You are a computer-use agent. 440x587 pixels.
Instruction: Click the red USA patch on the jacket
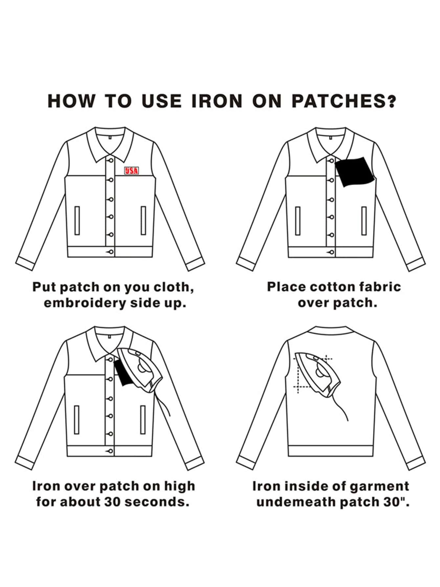[x=131, y=170]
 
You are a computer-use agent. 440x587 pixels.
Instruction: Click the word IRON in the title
[x=217, y=101]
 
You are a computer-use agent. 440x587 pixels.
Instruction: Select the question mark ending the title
[x=391, y=101]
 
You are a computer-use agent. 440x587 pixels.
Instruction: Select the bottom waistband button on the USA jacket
[x=111, y=252]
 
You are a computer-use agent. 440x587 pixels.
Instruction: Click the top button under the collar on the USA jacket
[x=111, y=160]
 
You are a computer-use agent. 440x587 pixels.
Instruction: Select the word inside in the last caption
[x=302, y=487]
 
